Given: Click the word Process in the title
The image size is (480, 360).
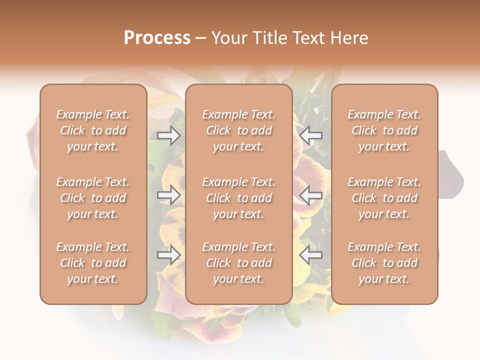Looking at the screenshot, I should tap(157, 38).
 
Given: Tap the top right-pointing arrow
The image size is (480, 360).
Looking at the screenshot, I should tap(169, 135).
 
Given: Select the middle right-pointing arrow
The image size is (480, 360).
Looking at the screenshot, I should tap(169, 195).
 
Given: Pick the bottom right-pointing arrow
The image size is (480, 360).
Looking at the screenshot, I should tap(169, 255).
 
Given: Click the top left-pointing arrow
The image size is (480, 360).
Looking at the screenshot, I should tap(311, 135).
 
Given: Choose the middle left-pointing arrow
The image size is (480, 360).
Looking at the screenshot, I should tap(311, 195).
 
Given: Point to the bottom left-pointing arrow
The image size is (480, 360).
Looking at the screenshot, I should tap(311, 255).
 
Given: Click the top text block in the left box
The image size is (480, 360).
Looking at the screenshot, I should tap(93, 130).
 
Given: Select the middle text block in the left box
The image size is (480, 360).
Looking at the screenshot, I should tap(93, 198).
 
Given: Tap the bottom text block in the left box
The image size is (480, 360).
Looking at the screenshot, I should tap(93, 263).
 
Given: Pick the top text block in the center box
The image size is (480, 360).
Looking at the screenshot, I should tap(239, 130).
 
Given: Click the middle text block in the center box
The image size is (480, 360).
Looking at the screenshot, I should tap(239, 198).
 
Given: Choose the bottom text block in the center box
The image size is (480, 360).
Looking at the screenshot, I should tap(239, 263).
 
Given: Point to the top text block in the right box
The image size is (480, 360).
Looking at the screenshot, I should tap(384, 130).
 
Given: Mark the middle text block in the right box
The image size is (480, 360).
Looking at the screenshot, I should tap(384, 198).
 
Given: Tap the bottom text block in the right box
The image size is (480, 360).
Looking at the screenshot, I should tap(384, 263).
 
